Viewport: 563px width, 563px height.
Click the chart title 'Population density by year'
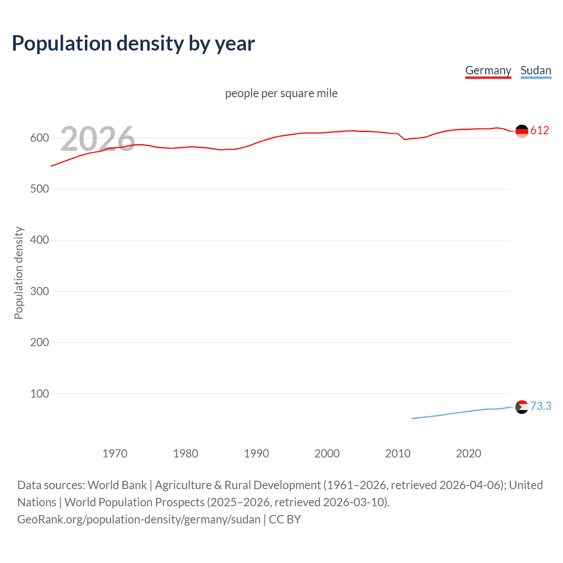point(133,44)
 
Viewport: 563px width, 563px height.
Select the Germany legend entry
point(488,70)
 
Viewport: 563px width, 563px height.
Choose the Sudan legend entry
point(535,70)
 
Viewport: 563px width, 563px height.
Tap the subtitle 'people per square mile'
point(281,93)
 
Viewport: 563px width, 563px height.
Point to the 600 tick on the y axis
point(40,138)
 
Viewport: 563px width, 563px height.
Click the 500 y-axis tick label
point(40,189)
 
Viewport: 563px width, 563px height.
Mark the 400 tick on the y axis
point(40,240)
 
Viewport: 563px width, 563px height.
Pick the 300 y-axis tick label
point(40,291)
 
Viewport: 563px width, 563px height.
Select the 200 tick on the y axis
point(40,343)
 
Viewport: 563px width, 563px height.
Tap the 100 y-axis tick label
point(40,394)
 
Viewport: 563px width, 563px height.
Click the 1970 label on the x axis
point(115,453)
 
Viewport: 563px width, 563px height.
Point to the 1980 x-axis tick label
point(186,453)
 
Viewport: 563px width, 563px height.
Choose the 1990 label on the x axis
point(256,453)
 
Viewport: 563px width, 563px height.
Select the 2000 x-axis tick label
point(327,453)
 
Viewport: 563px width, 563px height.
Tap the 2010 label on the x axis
point(398,453)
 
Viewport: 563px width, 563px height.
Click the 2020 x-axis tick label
point(468,453)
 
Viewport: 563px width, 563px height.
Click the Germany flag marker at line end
point(522,131)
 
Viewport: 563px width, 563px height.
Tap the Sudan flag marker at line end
point(522,407)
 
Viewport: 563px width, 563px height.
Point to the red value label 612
point(540,130)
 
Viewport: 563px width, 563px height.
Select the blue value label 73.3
point(541,406)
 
